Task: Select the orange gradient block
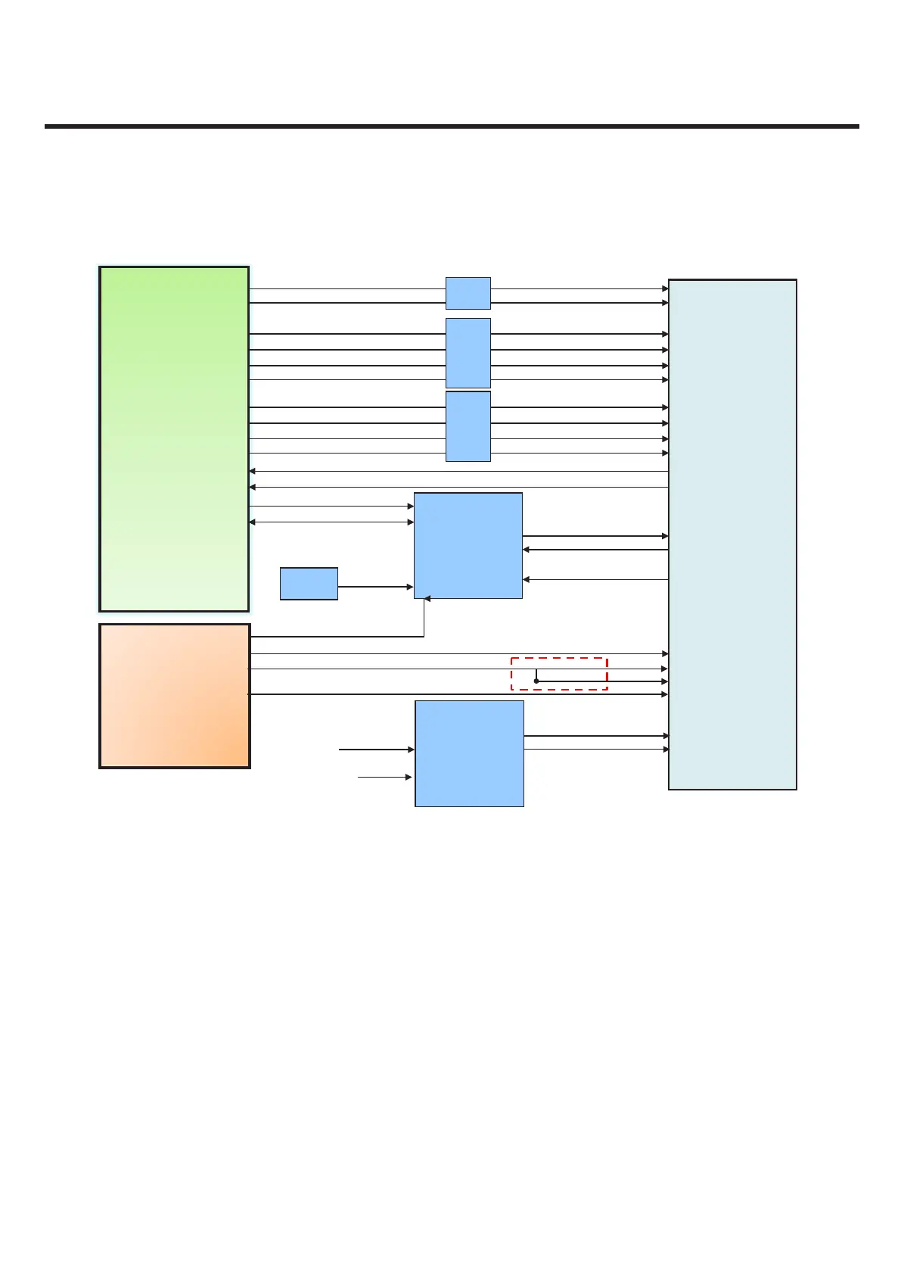click(x=174, y=695)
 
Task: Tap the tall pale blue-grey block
click(x=732, y=534)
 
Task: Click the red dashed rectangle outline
click(x=559, y=659)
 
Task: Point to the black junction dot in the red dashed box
click(x=536, y=681)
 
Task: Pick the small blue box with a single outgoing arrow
click(x=309, y=584)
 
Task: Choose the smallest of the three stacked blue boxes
click(x=468, y=293)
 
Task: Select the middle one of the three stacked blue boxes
click(x=468, y=353)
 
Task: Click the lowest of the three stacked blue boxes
click(x=468, y=426)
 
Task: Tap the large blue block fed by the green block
click(x=468, y=545)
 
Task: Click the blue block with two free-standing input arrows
click(x=469, y=753)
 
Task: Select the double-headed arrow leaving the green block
click(x=331, y=522)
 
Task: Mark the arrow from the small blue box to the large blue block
click(x=375, y=587)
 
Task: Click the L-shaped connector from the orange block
click(x=340, y=637)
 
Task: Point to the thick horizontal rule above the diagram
click(x=452, y=126)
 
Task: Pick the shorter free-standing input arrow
click(x=384, y=777)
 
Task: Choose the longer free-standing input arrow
click(x=376, y=750)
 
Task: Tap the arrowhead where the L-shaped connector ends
click(x=427, y=599)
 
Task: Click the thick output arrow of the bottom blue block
click(x=596, y=735)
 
